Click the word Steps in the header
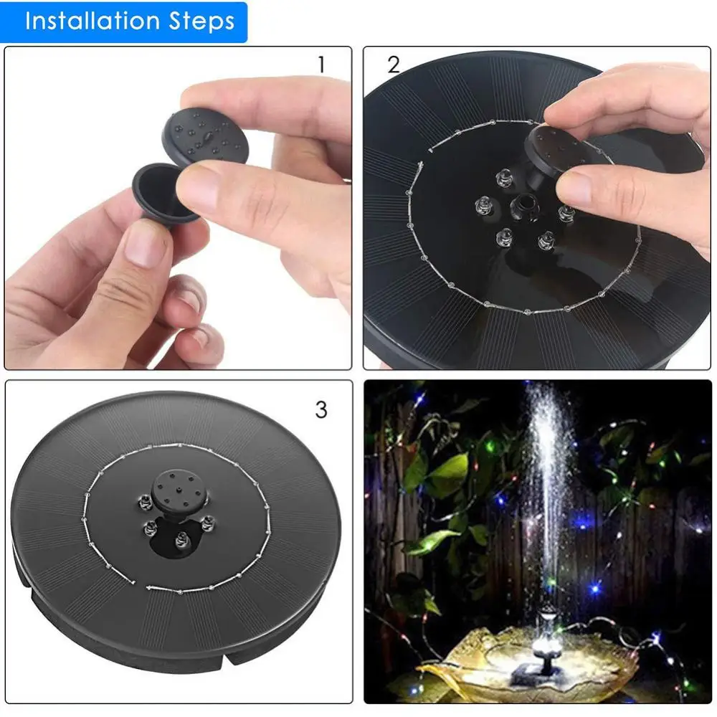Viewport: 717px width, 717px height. (204, 21)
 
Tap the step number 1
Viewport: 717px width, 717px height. (321, 65)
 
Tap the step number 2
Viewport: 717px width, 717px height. (393, 65)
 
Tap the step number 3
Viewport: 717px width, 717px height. (321, 409)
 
